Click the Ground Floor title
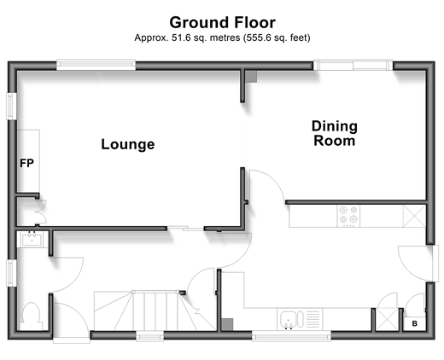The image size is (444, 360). click(222, 22)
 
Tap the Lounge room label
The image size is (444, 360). click(128, 144)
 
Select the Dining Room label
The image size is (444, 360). click(335, 133)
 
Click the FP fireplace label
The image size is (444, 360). click(26, 163)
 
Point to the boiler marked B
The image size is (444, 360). click(415, 323)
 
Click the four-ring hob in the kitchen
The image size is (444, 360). click(348, 216)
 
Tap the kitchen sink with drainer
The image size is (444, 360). click(300, 319)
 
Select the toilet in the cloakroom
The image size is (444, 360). click(30, 316)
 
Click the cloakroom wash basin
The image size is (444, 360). click(32, 239)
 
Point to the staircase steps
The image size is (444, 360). click(155, 311)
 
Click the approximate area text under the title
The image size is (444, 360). click(222, 38)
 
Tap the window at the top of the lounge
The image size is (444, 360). click(96, 65)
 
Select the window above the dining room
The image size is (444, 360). click(353, 65)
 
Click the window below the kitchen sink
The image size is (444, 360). click(291, 337)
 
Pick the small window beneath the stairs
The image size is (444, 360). click(149, 337)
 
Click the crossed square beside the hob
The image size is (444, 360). click(414, 217)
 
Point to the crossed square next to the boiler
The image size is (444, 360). click(387, 319)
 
